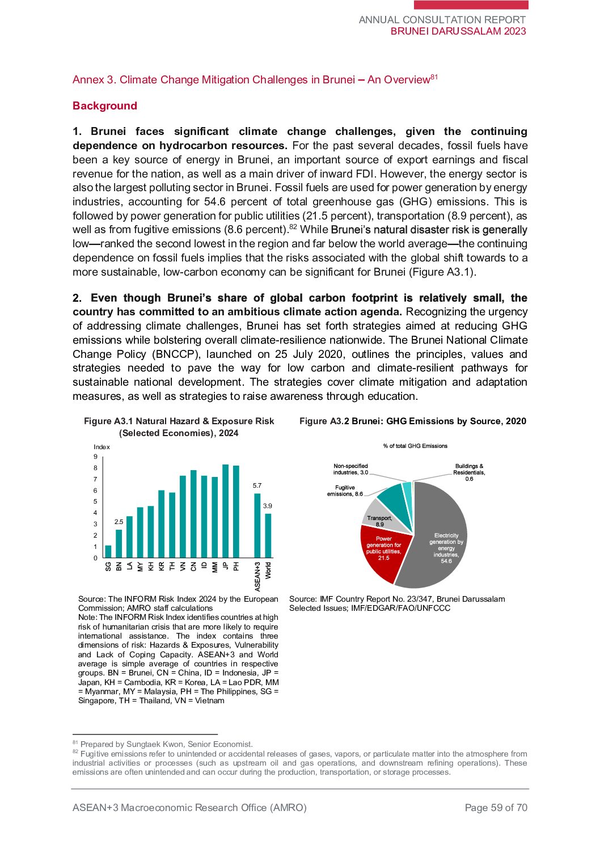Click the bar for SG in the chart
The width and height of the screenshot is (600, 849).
pos(108,551)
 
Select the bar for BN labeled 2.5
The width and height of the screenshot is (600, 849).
pos(119,543)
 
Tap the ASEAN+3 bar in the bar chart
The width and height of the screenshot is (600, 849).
pos(257,526)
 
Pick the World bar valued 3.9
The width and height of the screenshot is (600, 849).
pos(268,535)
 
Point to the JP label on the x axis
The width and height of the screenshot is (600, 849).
pos(226,566)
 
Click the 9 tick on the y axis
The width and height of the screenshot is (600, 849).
pos(95,457)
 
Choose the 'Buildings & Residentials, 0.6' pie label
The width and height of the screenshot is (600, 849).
pos(469,472)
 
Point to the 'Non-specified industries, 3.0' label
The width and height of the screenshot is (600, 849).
pos(350,469)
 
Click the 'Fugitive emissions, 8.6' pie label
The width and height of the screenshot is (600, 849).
pos(345,491)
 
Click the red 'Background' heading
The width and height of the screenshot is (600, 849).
pos(105,106)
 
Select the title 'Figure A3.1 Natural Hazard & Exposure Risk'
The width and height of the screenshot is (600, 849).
pos(179,421)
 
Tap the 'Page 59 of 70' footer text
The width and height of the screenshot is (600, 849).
pos(496,808)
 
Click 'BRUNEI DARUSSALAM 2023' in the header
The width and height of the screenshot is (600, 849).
pos(458,31)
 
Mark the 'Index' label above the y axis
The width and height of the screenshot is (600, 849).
pos(102,447)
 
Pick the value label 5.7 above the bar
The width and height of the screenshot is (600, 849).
pos(257,485)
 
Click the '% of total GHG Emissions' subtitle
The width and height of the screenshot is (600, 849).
pos(415,446)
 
